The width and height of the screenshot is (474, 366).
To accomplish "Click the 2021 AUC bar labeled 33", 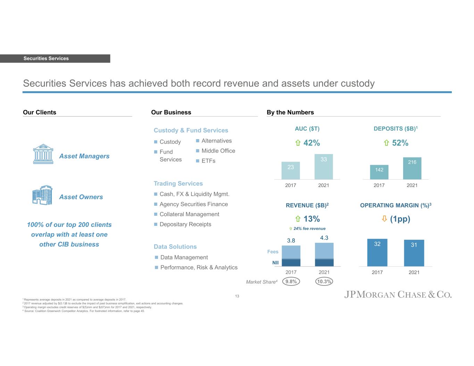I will pos(324,167).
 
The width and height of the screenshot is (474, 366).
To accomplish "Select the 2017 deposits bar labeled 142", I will pos(379,172).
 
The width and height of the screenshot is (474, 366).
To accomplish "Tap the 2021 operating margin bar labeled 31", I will pos(414,253).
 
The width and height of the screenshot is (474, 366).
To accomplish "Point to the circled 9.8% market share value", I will pos(291,282).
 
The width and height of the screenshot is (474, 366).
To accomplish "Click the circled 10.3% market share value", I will pos(324,282).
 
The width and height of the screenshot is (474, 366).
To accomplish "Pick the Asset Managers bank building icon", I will pos(43,154).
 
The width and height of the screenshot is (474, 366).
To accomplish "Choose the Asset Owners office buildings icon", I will pos(42,195).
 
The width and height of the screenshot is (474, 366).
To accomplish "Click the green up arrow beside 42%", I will pos(298,143).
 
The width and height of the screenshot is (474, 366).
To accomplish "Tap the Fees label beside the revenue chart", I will pos(273,252).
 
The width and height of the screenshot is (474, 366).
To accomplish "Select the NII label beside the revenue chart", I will pos(275,263).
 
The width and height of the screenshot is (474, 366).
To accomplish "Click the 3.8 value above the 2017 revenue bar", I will pos(291,240).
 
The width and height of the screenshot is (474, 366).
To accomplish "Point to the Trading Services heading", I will pos(178,184).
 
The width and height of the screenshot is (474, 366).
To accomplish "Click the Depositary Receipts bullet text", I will pos(185,224).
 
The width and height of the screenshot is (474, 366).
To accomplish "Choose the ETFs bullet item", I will pos(208,161).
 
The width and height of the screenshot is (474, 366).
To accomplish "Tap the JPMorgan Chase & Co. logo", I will pos(398,295).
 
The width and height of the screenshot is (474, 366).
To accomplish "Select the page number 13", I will pos(237,296).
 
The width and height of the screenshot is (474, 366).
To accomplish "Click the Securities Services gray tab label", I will pos(46,59).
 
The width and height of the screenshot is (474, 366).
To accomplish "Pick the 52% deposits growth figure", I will pos(400,143).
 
